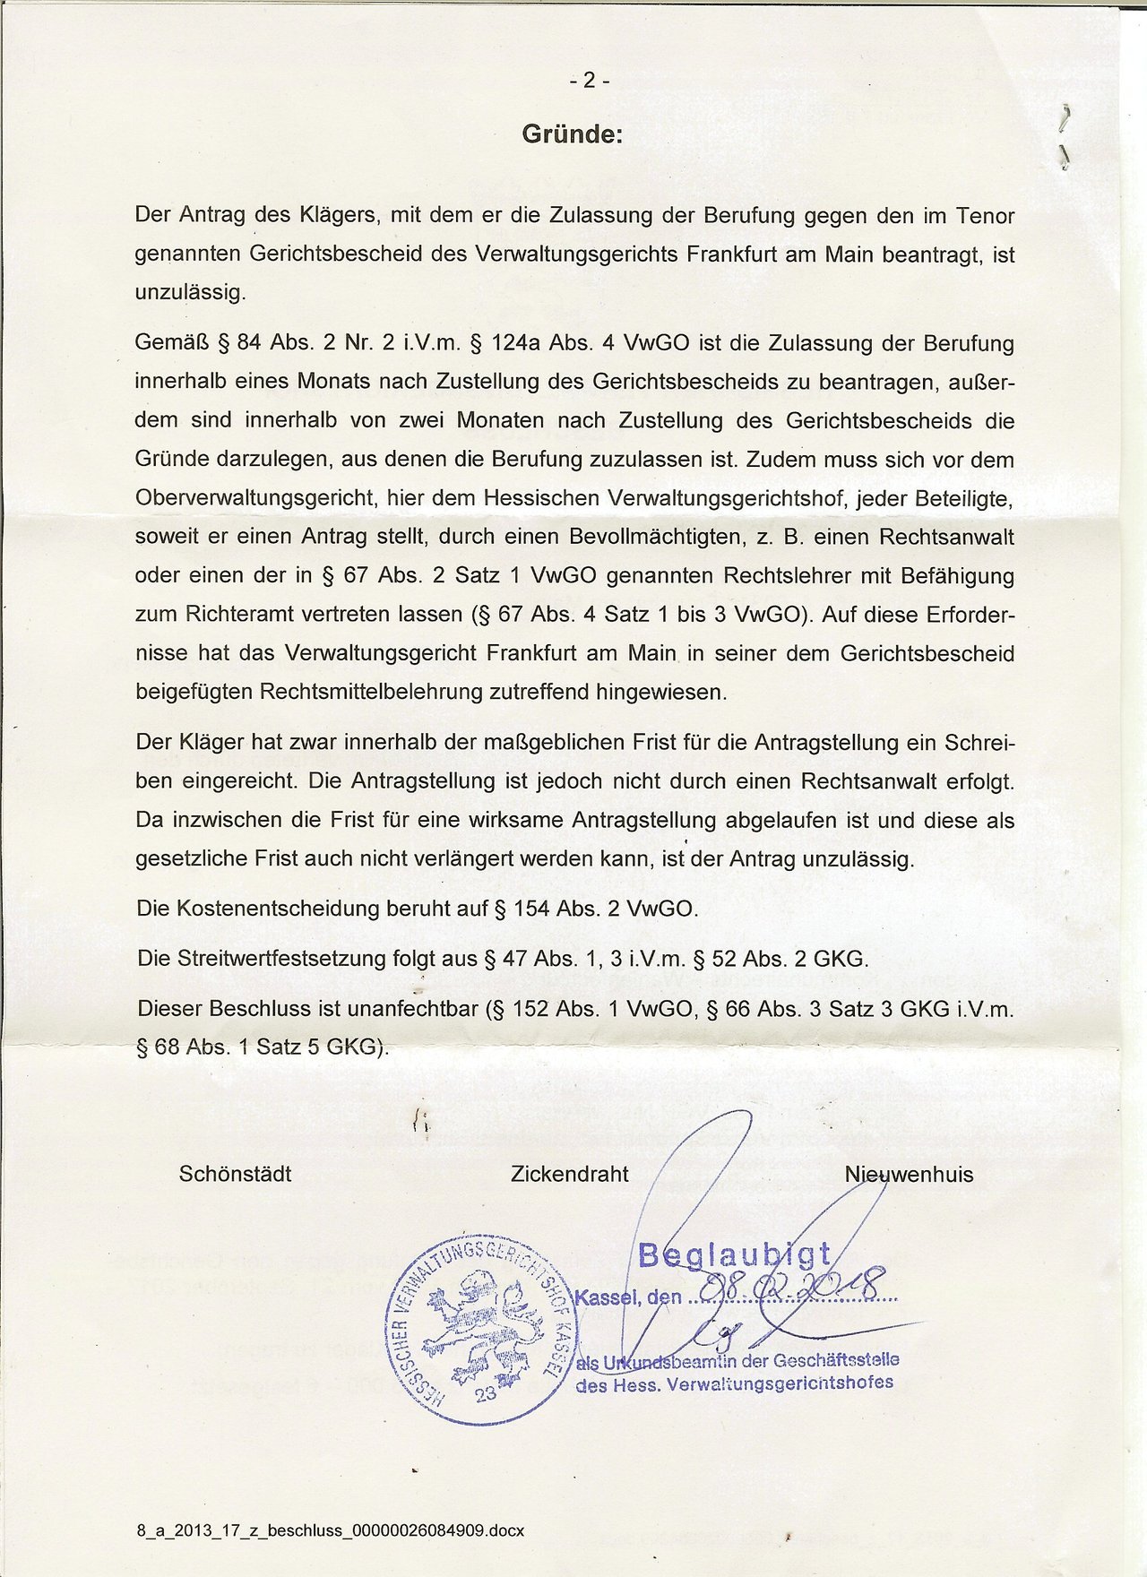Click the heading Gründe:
pos(571,135)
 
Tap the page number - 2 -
pos(589,81)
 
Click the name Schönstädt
pos(235,1174)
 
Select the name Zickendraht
pos(569,1174)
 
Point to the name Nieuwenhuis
pos(909,1174)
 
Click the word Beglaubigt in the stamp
pos(735,1256)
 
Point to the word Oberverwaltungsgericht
pos(254,497)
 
